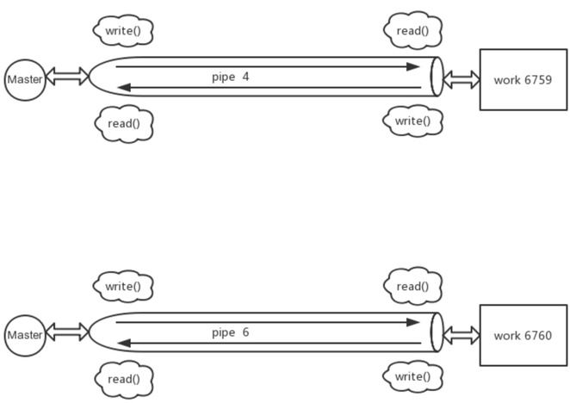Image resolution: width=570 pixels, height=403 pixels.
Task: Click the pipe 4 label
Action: click(231, 77)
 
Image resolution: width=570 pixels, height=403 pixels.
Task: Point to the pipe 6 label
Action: click(231, 332)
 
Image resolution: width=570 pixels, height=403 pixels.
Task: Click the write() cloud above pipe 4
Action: click(123, 30)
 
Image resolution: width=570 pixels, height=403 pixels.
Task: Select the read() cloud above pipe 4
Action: click(412, 30)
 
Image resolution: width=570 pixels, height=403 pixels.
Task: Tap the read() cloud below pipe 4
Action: click(124, 124)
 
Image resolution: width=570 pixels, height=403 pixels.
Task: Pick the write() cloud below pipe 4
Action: click(412, 121)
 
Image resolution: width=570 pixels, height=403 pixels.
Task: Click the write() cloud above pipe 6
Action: click(123, 286)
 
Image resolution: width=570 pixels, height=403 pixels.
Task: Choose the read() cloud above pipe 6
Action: click(412, 286)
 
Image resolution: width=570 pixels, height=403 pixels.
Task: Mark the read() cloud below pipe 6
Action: click(124, 380)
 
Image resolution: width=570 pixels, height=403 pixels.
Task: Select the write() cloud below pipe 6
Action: click(412, 376)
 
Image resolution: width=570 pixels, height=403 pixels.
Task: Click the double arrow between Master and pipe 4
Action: click(68, 77)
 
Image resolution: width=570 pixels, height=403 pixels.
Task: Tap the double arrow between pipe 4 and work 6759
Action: click(461, 80)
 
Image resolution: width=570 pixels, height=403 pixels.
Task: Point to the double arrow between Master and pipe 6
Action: click(68, 332)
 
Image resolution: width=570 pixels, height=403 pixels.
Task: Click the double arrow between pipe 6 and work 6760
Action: click(461, 335)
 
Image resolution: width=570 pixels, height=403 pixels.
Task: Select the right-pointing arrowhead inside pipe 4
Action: click(413, 66)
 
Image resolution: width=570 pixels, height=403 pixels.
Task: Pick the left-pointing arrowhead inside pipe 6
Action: click(124, 343)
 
